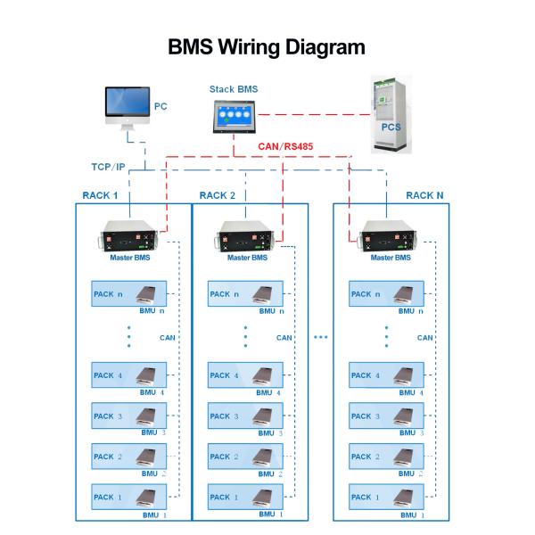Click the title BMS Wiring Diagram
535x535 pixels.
(x=267, y=47)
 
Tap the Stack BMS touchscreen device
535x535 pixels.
(x=233, y=117)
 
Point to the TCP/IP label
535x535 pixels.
(x=109, y=167)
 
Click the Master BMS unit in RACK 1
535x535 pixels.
(x=131, y=240)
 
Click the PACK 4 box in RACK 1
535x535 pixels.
(x=130, y=375)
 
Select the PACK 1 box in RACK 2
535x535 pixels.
(x=246, y=497)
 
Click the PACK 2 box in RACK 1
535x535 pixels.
(x=130, y=457)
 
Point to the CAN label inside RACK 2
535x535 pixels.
(x=284, y=338)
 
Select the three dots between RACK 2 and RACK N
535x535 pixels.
(x=321, y=337)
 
